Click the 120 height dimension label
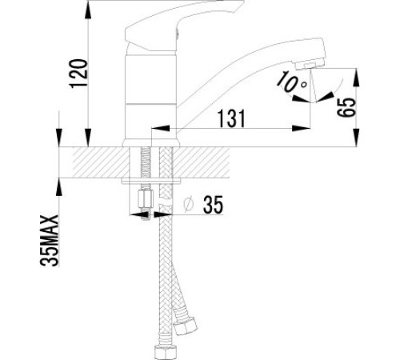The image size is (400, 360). (78, 74)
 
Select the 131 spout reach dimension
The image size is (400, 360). (231, 118)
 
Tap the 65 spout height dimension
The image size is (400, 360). (346, 107)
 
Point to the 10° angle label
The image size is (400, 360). (291, 82)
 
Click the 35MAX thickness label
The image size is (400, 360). (50, 241)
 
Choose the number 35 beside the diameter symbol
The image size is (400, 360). (213, 205)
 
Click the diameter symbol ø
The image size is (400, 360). (188, 205)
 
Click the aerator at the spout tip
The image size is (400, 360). (310, 65)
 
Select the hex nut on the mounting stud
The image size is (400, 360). (146, 198)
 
